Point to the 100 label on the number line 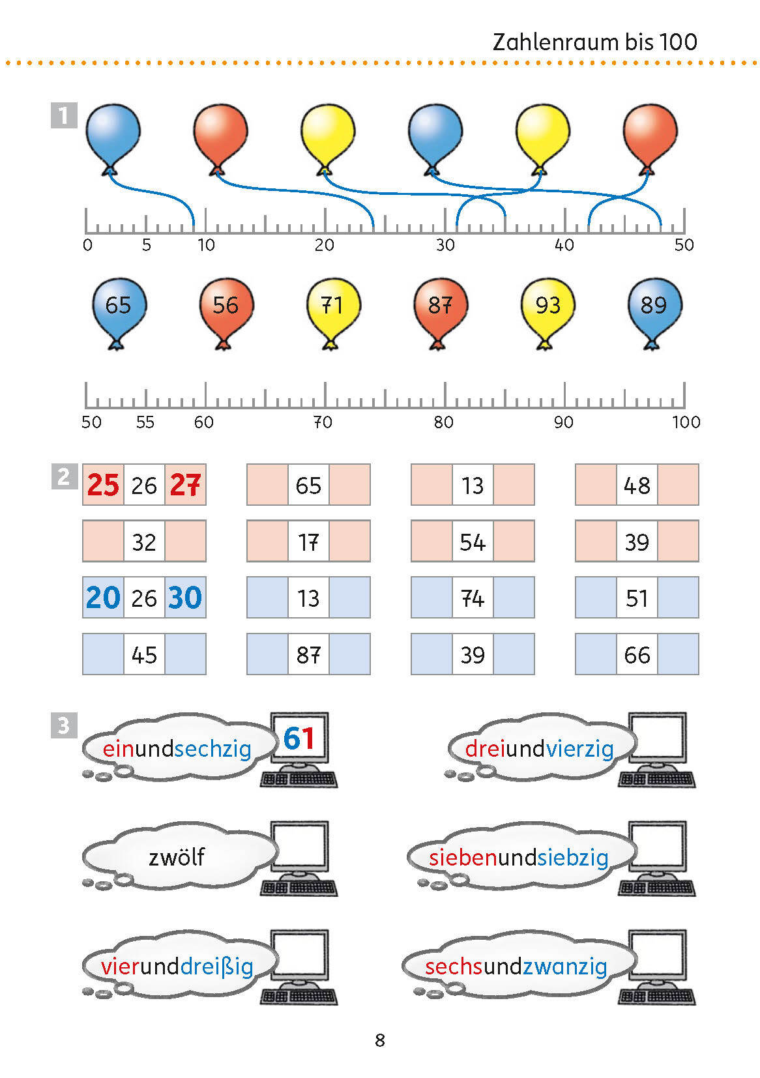click(x=686, y=422)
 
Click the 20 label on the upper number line click(x=324, y=245)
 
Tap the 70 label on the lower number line click(x=323, y=422)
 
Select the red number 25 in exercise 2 click(x=103, y=485)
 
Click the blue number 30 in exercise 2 click(x=185, y=598)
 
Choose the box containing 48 click(x=637, y=485)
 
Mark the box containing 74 click(x=473, y=598)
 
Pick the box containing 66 click(x=637, y=654)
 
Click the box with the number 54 click(x=473, y=542)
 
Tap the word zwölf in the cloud click(x=177, y=857)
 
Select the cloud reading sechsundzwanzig click(x=516, y=966)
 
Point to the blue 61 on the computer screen click(x=299, y=738)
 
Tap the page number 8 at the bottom click(x=380, y=1040)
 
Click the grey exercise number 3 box click(x=64, y=725)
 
